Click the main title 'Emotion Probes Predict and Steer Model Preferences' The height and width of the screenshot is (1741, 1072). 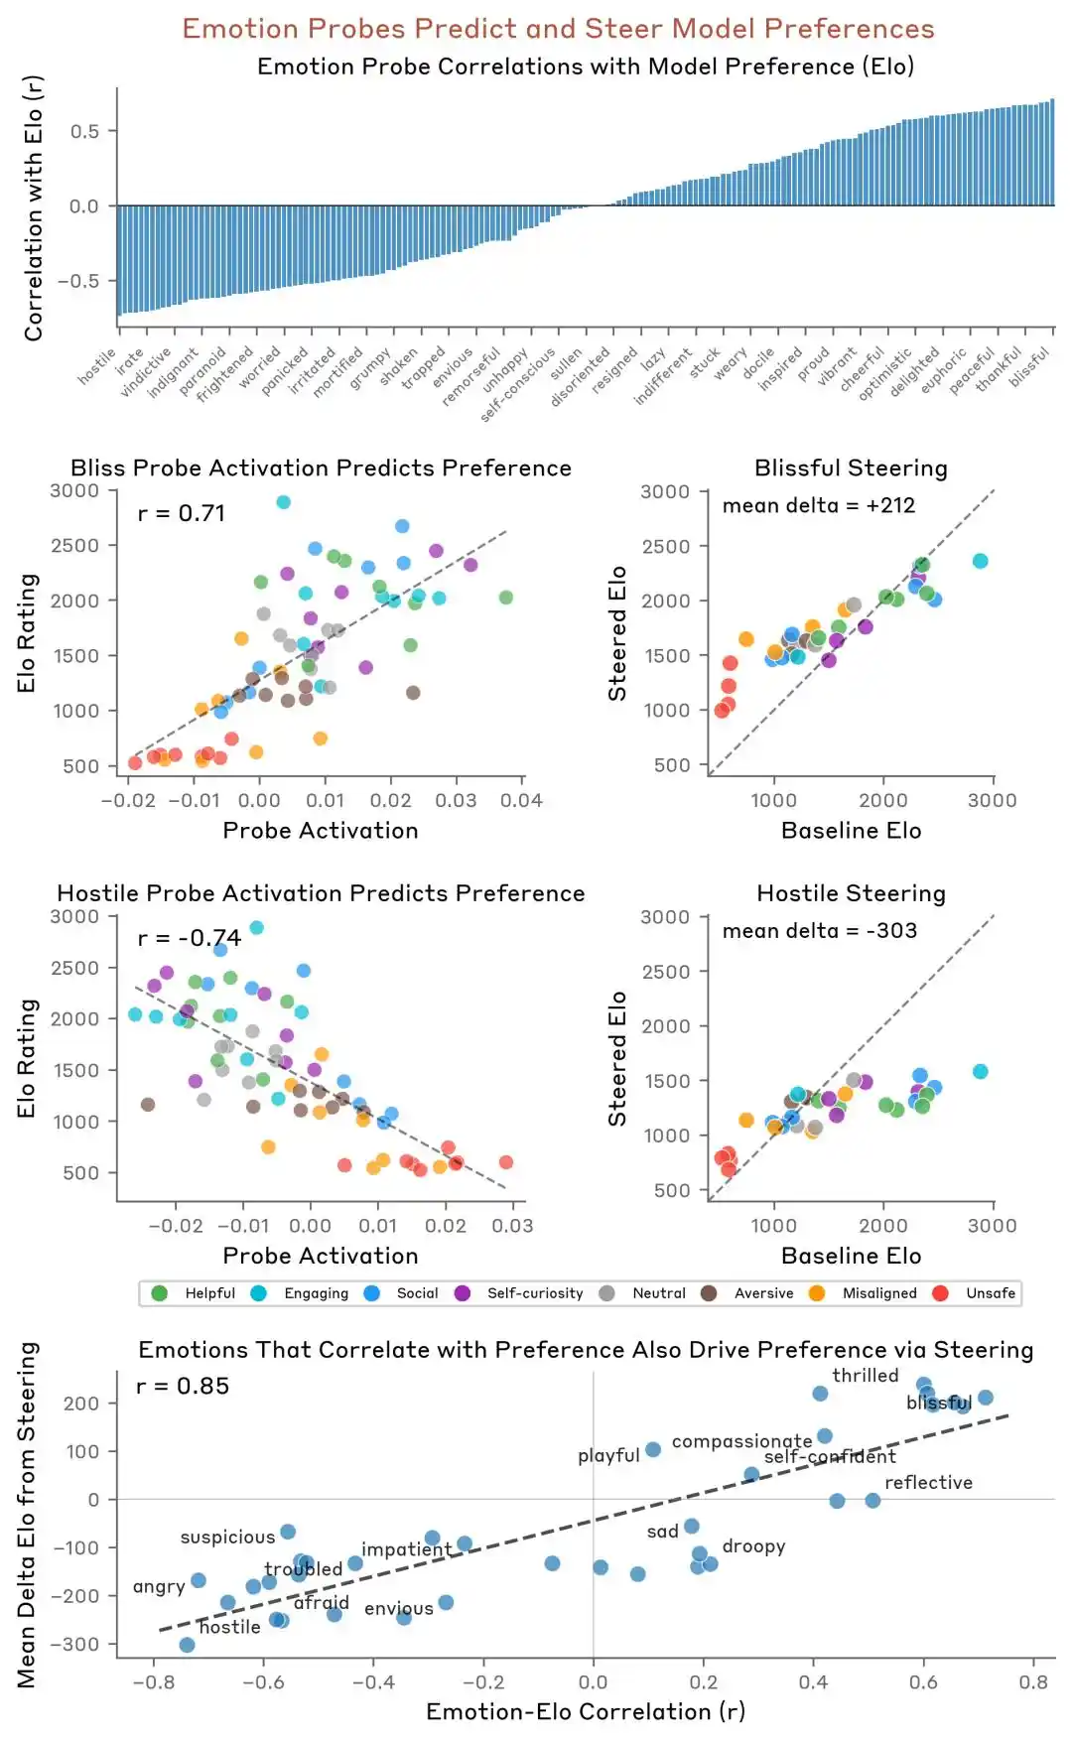tap(558, 28)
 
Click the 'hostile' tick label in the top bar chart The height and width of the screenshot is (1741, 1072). tap(98, 366)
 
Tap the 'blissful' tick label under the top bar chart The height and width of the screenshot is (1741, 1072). tap(1029, 367)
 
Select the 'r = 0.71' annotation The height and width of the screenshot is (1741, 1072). tap(182, 513)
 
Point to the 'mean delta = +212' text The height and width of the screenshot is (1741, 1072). tap(819, 505)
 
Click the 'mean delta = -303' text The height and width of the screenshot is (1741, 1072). tap(820, 930)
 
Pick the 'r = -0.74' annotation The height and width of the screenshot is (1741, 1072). tap(190, 938)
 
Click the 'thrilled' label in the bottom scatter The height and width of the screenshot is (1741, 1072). tap(866, 1376)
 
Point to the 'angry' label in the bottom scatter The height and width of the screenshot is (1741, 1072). tap(159, 1586)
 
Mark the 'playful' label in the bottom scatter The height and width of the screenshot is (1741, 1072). tap(608, 1455)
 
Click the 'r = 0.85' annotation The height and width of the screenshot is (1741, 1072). tap(183, 1386)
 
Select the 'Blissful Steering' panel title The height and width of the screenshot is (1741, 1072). tap(851, 468)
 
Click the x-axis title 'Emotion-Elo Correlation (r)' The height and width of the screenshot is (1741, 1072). tap(586, 1711)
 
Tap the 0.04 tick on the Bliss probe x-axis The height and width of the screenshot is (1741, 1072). tap(521, 800)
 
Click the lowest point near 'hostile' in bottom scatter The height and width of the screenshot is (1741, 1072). tap(187, 1645)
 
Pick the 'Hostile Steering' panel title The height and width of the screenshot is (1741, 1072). tap(851, 893)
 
